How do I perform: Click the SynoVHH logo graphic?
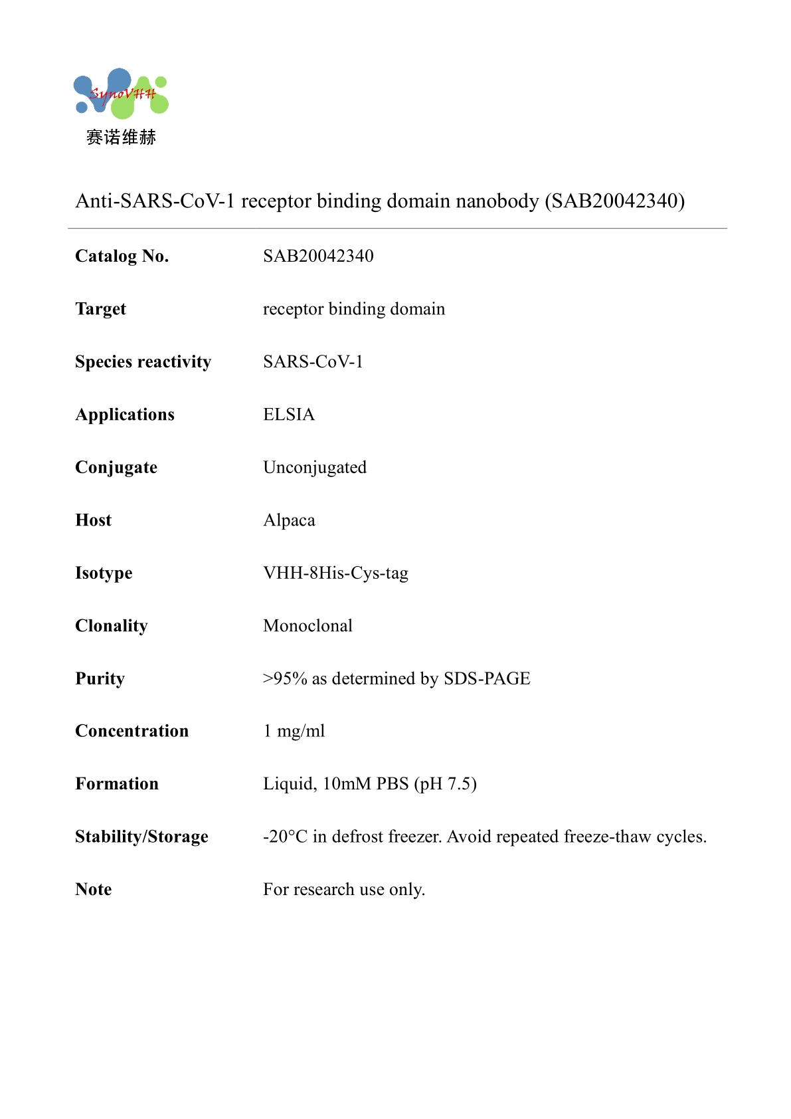click(x=121, y=94)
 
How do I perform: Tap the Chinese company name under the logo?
click(x=121, y=138)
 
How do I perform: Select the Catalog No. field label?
click(x=122, y=256)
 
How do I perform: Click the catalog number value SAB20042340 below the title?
click(x=318, y=256)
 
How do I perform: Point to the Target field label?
click(x=100, y=309)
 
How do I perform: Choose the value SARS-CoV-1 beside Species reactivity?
click(x=313, y=361)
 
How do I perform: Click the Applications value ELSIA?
click(x=289, y=415)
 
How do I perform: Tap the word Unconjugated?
click(x=315, y=467)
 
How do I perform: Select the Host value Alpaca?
click(x=289, y=520)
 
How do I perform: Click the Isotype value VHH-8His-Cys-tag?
click(x=335, y=573)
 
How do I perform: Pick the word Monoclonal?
click(x=308, y=626)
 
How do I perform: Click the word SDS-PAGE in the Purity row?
click(x=487, y=678)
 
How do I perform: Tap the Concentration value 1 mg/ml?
click(x=294, y=731)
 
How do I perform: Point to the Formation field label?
click(x=117, y=784)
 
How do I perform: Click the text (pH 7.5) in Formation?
click(x=445, y=784)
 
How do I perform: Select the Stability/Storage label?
click(x=141, y=837)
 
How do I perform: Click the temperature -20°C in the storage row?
click(x=285, y=837)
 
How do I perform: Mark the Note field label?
click(x=94, y=889)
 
